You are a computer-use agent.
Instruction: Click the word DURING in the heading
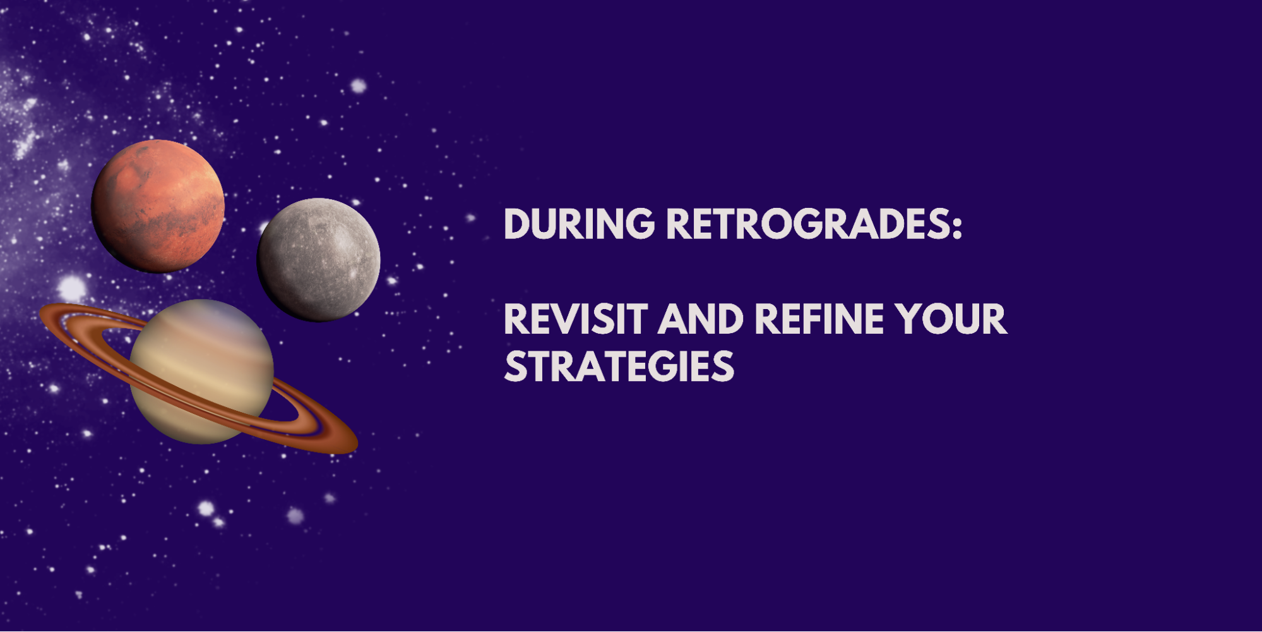580,224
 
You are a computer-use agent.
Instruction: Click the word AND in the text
701,319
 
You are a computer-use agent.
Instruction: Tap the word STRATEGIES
619,367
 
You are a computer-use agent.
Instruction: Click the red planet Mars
158,206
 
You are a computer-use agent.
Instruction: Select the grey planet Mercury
319,260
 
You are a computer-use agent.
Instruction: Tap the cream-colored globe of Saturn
201,372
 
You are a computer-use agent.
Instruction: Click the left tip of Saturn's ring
41,311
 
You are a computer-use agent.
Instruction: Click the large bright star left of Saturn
71,288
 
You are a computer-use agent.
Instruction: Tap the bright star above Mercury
359,85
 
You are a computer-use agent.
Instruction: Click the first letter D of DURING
518,224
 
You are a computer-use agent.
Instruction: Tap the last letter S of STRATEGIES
723,367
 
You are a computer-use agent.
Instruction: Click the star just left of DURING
470,218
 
